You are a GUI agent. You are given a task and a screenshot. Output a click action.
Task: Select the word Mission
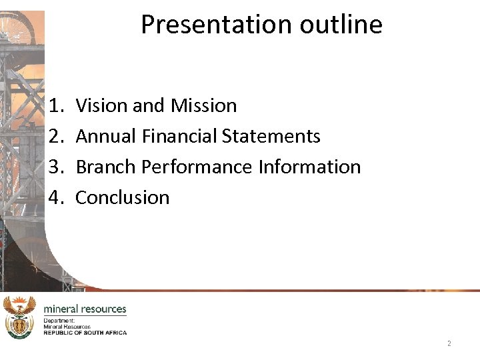click(203, 105)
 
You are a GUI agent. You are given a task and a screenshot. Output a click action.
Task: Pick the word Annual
click(106, 136)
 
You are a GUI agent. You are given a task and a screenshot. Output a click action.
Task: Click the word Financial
click(179, 136)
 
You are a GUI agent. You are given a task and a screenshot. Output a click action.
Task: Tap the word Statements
click(271, 136)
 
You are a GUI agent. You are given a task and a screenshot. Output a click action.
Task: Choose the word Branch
click(104, 167)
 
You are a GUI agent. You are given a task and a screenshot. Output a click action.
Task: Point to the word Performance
click(195, 167)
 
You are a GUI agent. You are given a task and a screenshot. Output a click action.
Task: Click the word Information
click(309, 167)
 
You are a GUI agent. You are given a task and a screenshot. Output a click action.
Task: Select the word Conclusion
click(123, 197)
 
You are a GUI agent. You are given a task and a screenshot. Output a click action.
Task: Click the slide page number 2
click(449, 343)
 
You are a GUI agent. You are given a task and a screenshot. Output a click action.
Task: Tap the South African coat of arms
click(19, 317)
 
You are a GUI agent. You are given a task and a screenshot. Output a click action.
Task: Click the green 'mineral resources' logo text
click(85, 309)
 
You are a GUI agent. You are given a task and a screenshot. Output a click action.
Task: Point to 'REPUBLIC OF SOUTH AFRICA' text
click(85, 332)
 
